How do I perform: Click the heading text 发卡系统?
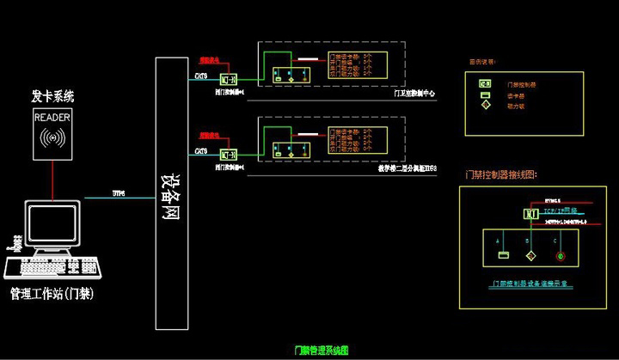53,96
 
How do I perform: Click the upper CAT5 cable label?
200,76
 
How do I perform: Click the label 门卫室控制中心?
415,95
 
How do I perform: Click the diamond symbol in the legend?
485,106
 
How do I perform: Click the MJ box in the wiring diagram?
530,213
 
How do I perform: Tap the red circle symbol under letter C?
561,255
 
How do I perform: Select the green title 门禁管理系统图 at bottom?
322,351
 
